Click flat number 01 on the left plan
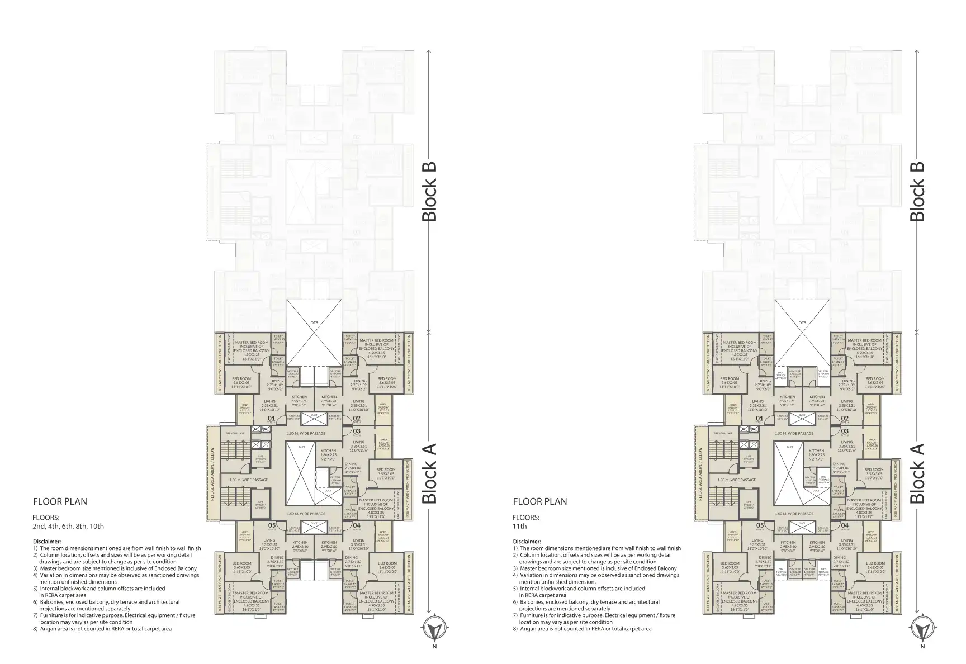tap(271, 418)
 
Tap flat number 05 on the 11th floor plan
tap(760, 525)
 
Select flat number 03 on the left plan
tap(357, 431)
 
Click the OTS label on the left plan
tap(314, 322)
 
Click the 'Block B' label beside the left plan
tap(429, 192)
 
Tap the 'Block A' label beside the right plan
tap(917, 473)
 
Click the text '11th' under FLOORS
tap(519, 526)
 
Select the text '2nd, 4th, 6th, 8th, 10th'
tap(68, 526)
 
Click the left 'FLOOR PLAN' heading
tap(60, 501)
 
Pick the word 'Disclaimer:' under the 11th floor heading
tap(527, 541)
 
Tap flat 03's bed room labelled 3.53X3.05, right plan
tap(874, 473)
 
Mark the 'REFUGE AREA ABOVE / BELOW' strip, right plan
tap(701, 472)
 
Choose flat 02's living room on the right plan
tap(846, 405)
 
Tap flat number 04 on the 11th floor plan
tap(845, 525)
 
